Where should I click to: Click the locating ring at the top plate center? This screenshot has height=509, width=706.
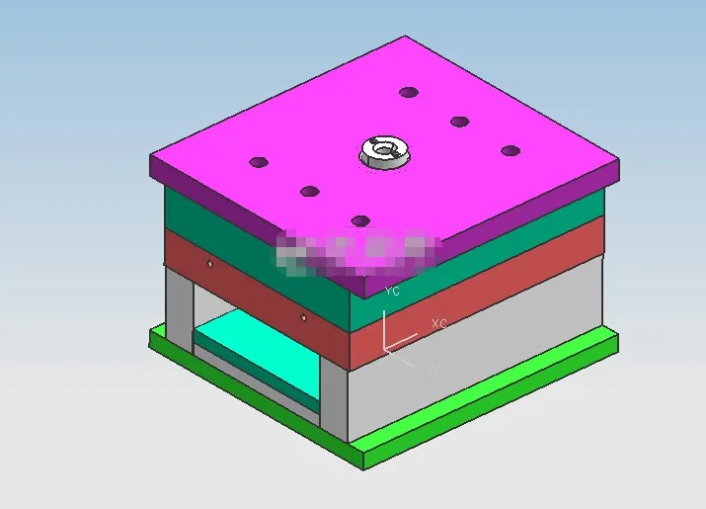click(383, 152)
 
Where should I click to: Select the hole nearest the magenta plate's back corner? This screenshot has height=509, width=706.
click(408, 92)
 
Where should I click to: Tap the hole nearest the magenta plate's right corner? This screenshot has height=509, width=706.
click(510, 150)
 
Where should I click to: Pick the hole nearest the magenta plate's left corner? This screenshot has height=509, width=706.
click(259, 161)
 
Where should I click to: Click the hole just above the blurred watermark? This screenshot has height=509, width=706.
click(360, 220)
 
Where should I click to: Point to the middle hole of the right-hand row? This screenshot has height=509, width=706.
click(459, 122)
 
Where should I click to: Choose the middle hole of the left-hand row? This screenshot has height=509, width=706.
click(310, 191)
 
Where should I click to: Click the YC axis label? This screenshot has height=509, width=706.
click(392, 292)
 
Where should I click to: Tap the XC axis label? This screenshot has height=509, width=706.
click(439, 324)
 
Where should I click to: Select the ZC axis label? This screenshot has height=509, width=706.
click(434, 370)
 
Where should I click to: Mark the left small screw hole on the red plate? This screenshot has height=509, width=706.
click(209, 263)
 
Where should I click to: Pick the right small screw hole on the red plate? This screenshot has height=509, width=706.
click(302, 317)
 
